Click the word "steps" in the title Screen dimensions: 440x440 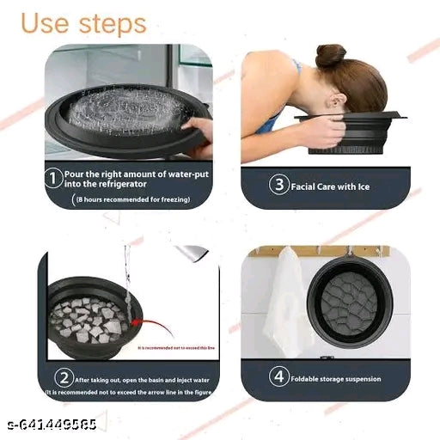[111, 24]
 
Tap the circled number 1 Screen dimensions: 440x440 [52, 179]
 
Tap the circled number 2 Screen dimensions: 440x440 [63, 376]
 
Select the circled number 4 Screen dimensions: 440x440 [278, 377]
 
